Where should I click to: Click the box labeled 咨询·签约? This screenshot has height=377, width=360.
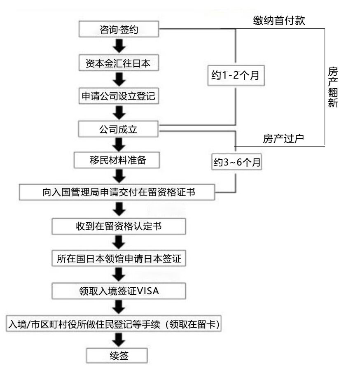(x=119, y=29)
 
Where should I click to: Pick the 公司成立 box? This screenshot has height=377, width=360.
(x=119, y=128)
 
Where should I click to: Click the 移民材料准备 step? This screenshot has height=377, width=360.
(x=116, y=160)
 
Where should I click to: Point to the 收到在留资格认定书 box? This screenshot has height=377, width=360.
(x=119, y=226)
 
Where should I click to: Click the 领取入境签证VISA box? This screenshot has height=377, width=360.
(x=119, y=291)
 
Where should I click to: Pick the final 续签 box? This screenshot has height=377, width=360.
(x=116, y=355)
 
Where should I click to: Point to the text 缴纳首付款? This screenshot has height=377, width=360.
(x=279, y=21)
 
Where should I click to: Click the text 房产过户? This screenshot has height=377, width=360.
(x=283, y=138)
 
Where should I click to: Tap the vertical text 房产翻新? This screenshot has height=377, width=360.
(x=333, y=87)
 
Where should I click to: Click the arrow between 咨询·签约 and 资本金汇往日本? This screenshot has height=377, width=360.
(x=119, y=45)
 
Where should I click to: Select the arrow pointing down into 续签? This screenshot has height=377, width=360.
(x=119, y=340)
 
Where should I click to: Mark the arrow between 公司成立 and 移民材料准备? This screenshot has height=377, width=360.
(x=119, y=144)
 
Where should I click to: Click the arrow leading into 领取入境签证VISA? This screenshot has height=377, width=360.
(x=119, y=275)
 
